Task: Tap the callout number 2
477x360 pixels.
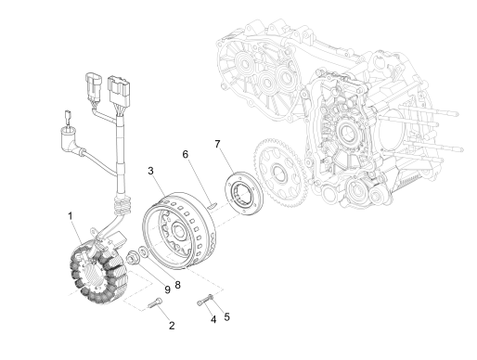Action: pyautogui.click(x=170, y=325)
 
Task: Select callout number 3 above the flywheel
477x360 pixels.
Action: pyautogui.click(x=151, y=172)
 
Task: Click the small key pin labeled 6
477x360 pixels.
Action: pyautogui.click(x=213, y=203)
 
